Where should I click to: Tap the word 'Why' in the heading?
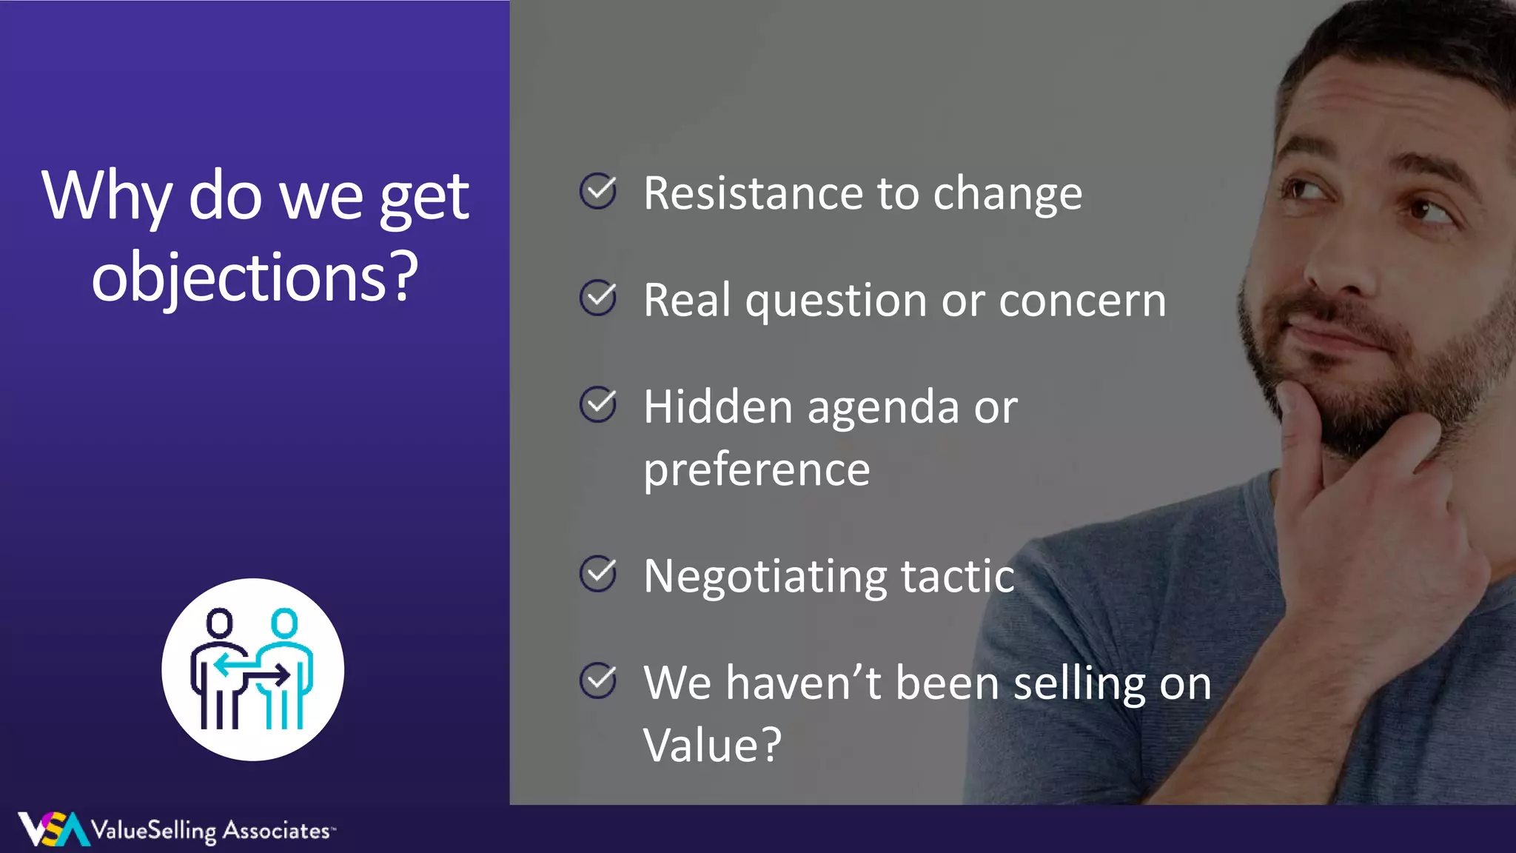click(107, 196)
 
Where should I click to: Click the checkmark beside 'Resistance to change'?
click(598, 191)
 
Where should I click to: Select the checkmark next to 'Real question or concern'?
click(598, 298)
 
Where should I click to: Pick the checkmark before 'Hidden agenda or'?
click(598, 404)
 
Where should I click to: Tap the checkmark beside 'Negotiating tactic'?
click(598, 574)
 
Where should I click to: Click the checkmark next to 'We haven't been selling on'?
click(598, 680)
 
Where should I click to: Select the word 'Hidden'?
click(718, 407)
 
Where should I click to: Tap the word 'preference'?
click(757, 471)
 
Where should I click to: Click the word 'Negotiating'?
click(765, 577)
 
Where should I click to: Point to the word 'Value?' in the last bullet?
click(712, 745)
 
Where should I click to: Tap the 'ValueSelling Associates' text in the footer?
click(210, 831)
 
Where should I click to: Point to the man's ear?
click(1506, 244)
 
